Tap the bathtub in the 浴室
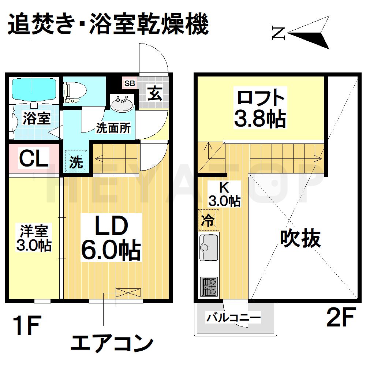point(34,88)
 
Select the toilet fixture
point(75,91)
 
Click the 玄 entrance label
point(154,94)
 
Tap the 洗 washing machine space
point(76,161)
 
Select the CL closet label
point(34,159)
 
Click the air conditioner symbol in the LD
point(128,293)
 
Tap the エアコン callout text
point(111,343)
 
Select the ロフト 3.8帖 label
point(261,108)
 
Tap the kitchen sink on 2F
point(209,247)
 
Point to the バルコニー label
point(234,317)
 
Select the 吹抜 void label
point(300,238)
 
